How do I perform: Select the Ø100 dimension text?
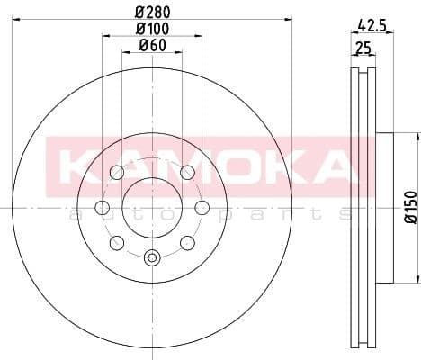[152, 29]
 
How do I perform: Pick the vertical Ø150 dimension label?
[410, 206]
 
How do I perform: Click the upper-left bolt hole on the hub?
[116, 174]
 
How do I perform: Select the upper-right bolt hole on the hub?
[187, 173]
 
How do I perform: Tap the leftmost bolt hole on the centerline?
[102, 208]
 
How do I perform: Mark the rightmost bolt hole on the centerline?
[202, 208]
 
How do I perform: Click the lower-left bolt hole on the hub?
[116, 243]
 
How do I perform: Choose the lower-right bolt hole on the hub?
[187, 243]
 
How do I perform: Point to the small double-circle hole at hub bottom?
[152, 257]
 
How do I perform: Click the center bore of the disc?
[152, 208]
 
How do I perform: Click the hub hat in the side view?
[382, 207]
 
